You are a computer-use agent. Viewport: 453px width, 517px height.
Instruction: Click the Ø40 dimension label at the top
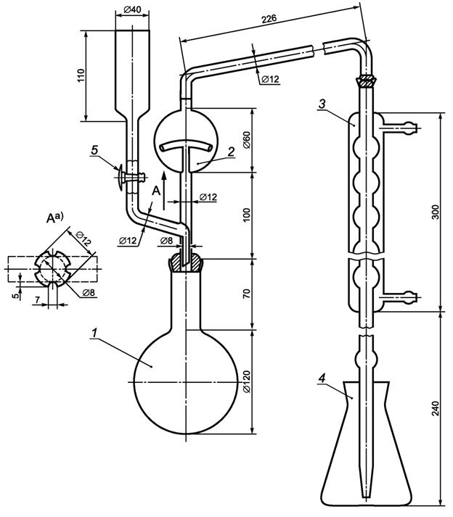132,9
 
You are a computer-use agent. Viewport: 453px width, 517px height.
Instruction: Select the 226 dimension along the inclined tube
269,19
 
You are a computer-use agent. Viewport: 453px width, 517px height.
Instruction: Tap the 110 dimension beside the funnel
81,75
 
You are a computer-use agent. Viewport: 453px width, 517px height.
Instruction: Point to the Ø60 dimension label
248,139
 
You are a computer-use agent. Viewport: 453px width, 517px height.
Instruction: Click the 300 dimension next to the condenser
436,212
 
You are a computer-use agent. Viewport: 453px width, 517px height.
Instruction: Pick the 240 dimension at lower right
436,408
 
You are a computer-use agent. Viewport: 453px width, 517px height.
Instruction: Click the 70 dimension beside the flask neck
248,294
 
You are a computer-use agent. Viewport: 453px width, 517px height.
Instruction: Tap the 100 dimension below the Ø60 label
248,215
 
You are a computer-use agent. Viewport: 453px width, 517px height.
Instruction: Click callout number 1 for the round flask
95,333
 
